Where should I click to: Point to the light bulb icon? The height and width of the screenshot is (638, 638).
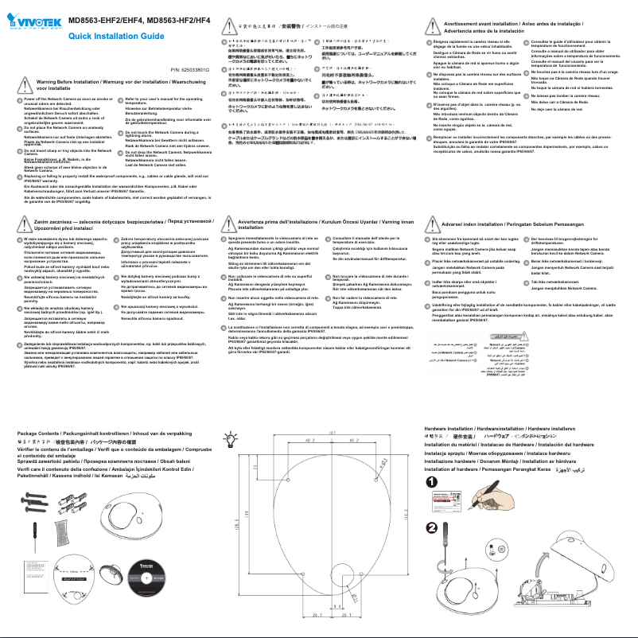coord(231,440)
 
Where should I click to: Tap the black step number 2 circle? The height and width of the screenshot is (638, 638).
coord(430,527)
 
